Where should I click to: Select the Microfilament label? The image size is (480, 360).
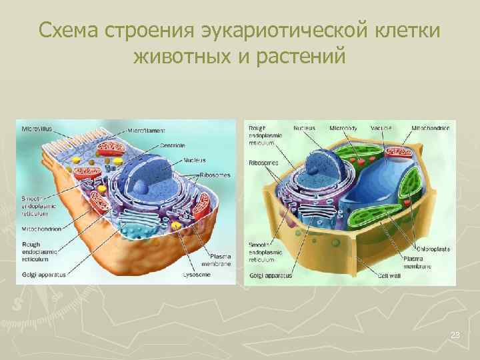point(147,129)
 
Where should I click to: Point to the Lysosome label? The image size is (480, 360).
point(196,274)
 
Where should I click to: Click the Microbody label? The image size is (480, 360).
point(343,127)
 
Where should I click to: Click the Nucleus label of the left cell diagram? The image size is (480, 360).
point(195,160)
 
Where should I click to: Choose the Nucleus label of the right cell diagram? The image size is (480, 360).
point(305,127)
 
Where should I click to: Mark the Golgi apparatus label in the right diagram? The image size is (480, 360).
point(270,275)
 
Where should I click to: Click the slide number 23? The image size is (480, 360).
point(455,335)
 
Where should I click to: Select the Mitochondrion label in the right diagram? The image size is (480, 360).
point(433,127)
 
